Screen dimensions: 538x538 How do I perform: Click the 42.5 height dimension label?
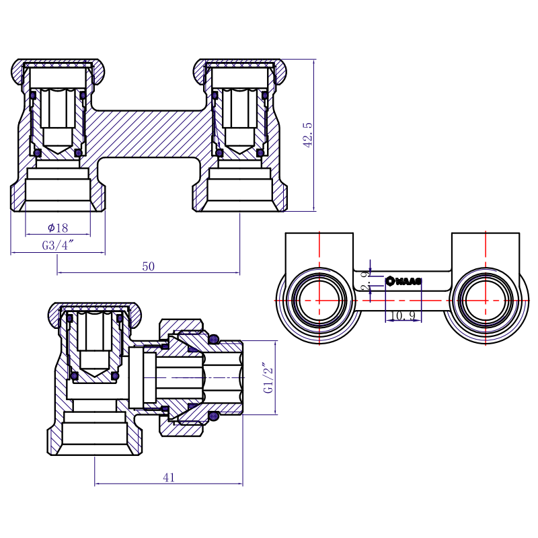[x=308, y=135]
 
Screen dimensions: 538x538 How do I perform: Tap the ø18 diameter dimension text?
[x=58, y=227]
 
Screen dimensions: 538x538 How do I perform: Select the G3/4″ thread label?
[x=58, y=245]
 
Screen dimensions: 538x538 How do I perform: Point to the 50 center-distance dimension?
[x=148, y=266]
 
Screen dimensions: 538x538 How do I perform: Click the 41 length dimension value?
[x=169, y=477]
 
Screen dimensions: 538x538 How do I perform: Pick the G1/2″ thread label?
[x=268, y=378]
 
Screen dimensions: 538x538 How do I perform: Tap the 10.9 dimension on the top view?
[x=403, y=315]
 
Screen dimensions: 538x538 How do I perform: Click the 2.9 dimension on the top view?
[x=367, y=280]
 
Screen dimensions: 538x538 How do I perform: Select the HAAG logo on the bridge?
[x=403, y=281]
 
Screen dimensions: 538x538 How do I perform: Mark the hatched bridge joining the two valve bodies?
[x=147, y=134]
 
